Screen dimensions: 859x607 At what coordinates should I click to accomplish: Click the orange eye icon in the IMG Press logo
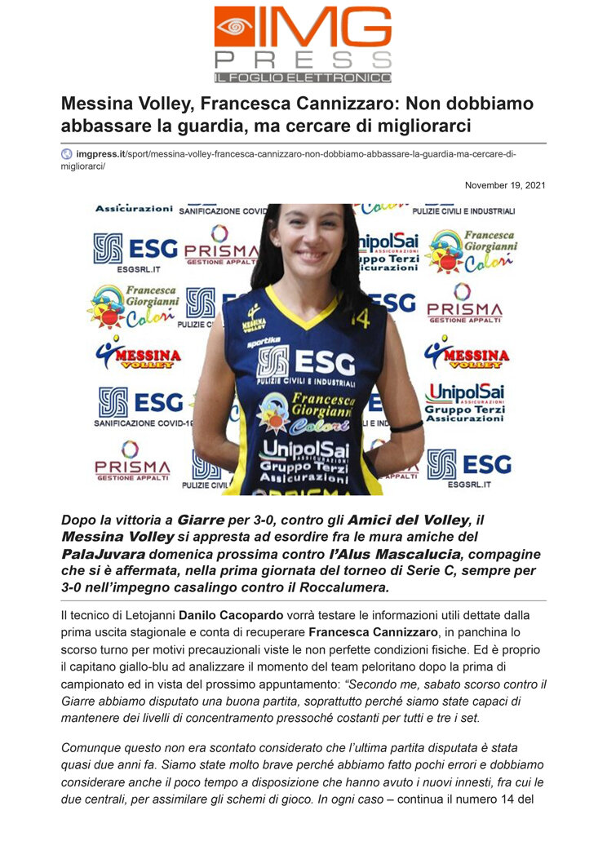(234, 26)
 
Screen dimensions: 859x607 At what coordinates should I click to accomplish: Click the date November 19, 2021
(505, 185)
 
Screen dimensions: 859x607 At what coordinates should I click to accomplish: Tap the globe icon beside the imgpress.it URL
(66, 153)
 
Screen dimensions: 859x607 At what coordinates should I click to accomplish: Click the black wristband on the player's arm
(405, 426)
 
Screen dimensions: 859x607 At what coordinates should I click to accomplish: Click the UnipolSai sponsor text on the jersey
(303, 450)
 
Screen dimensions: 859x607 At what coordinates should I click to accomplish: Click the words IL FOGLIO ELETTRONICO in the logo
(302, 77)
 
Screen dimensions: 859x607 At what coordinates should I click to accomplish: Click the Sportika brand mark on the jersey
(264, 341)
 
